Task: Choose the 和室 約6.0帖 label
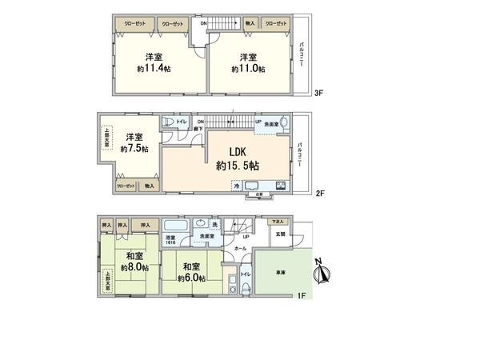193,270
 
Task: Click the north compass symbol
322,274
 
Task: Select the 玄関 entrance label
278,234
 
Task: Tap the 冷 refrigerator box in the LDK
236,186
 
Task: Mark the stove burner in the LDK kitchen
281,187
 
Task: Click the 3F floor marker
318,93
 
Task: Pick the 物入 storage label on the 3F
250,24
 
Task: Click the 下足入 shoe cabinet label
277,220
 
